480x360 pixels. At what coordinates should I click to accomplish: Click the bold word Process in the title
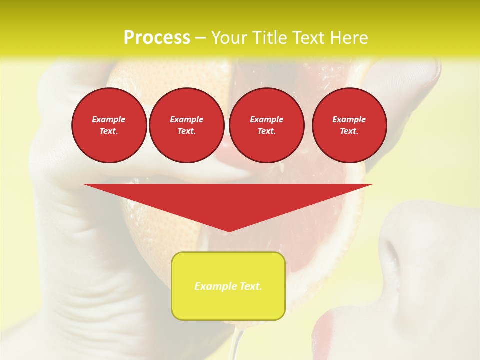point(157,38)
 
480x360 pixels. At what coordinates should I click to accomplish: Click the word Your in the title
point(228,38)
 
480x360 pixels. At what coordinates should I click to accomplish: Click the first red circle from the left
point(109,125)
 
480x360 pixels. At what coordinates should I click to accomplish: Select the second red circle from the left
point(186,125)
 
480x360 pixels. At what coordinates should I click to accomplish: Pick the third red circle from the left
point(266,125)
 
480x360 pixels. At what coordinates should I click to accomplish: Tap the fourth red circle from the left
point(349,125)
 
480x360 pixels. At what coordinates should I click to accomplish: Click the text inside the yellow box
point(228,286)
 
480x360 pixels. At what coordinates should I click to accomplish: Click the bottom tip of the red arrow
point(228,231)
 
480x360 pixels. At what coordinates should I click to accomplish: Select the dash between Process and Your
point(201,38)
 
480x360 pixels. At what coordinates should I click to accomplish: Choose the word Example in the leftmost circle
point(109,119)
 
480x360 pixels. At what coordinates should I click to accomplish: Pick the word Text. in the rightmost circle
point(349,131)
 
